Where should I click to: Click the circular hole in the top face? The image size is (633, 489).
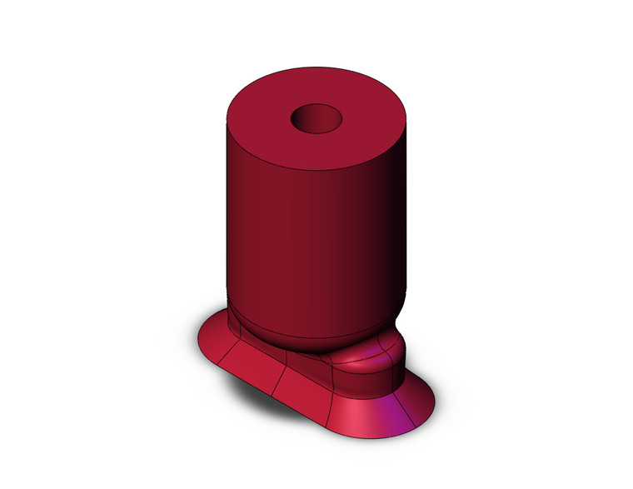click(318, 119)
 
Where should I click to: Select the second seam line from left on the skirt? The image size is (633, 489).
click(283, 371)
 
